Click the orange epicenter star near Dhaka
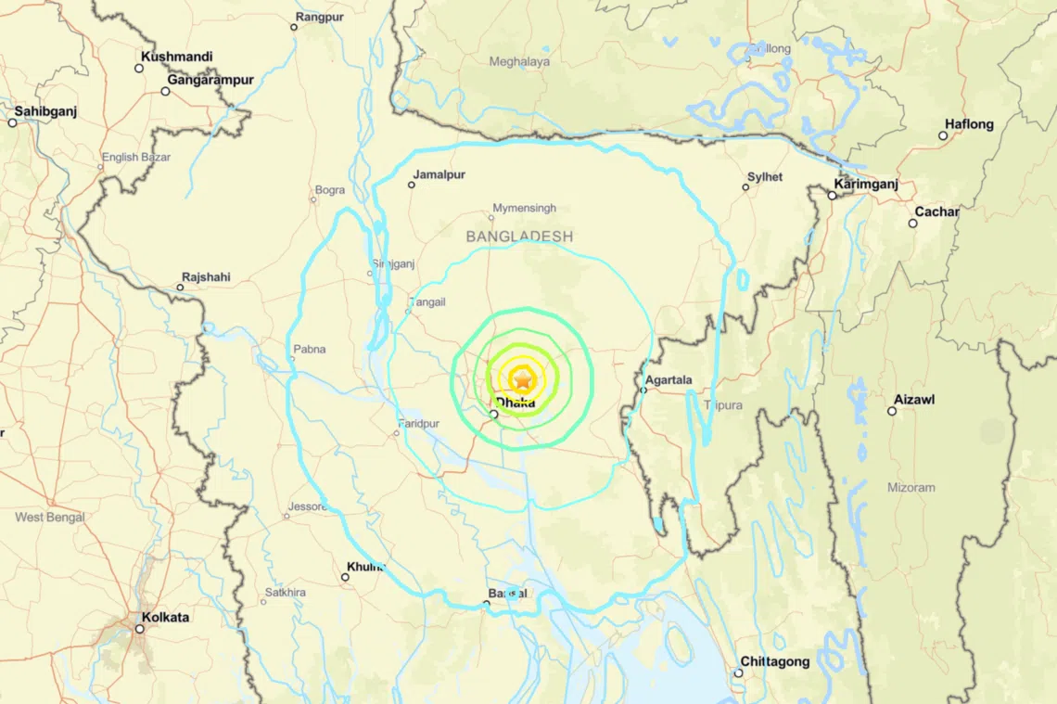(x=523, y=378)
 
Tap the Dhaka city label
(x=516, y=403)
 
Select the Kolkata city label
(x=166, y=617)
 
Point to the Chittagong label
(x=774, y=661)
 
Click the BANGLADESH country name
(x=519, y=237)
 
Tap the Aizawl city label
(x=914, y=399)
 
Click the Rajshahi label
(x=206, y=276)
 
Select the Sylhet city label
(x=765, y=176)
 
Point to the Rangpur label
(x=320, y=17)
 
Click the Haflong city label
(x=969, y=124)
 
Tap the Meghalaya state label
(x=519, y=62)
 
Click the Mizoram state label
(x=911, y=487)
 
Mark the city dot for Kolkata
(x=140, y=629)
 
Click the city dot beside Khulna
(x=345, y=577)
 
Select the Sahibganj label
(x=45, y=111)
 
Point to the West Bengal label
(x=50, y=517)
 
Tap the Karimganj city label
(x=866, y=184)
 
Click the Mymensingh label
(x=524, y=209)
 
